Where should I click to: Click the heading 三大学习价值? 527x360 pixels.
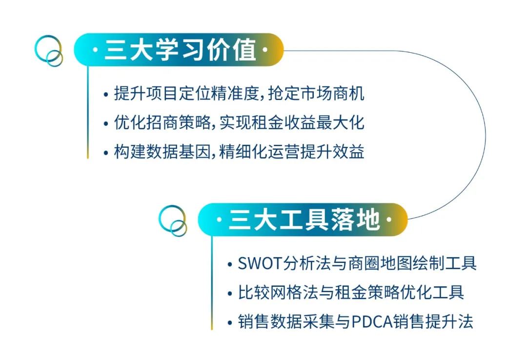coord(180,50)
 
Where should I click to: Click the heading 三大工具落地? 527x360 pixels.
coord(304,220)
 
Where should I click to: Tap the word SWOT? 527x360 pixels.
coord(260,263)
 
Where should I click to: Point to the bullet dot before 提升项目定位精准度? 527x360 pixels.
coord(106,95)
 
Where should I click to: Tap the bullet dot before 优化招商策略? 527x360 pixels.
coord(106,124)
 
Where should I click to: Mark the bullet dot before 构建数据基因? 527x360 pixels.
coord(106,153)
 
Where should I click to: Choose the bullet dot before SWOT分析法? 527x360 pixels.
coord(230,264)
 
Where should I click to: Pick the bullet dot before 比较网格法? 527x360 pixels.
coord(230,294)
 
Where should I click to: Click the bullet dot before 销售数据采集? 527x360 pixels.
coord(230,323)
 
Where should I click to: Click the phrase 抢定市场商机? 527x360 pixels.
coord(316,93)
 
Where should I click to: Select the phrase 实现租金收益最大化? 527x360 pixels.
coord(292,122)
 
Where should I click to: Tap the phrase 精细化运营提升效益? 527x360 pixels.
coord(292,152)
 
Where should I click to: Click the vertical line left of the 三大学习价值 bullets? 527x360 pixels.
coord(88,112)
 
